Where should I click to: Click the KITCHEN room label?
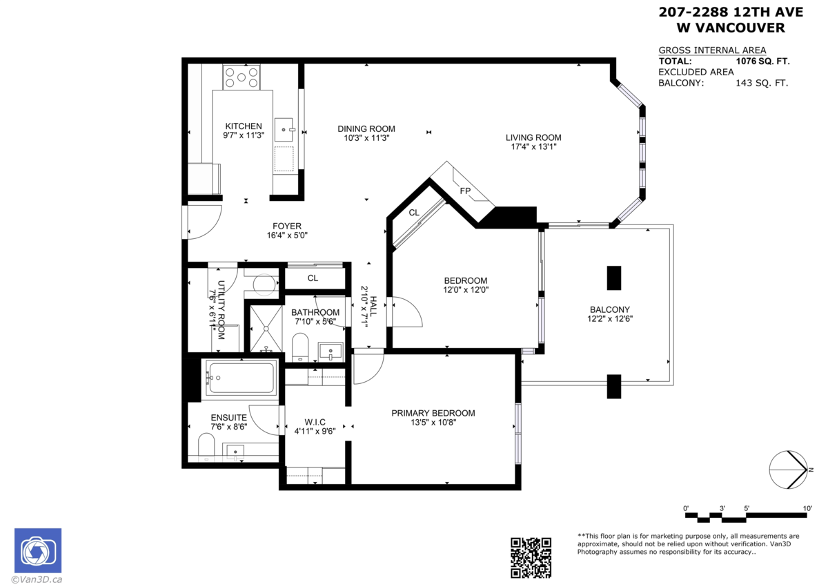pyautogui.click(x=244, y=126)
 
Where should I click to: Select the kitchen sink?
pyautogui.click(x=284, y=129)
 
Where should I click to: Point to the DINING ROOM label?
pyautogui.click(x=366, y=128)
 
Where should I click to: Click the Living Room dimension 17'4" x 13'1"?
pyautogui.click(x=533, y=146)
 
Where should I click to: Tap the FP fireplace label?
pyautogui.click(x=465, y=191)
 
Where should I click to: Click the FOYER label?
pyautogui.click(x=286, y=226)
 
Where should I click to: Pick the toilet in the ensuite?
pyautogui.click(x=206, y=447)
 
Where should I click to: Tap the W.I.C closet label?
pyautogui.click(x=315, y=422)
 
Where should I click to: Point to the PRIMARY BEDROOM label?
pyautogui.click(x=433, y=413)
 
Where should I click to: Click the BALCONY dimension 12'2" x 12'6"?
pyautogui.click(x=609, y=319)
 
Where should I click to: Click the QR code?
pyautogui.click(x=530, y=557)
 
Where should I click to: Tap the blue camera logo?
pyautogui.click(x=38, y=550)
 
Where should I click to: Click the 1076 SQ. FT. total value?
pyautogui.click(x=762, y=61)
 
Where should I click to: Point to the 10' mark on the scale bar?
pyautogui.click(x=807, y=508)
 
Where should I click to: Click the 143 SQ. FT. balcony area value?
pyautogui.click(x=761, y=83)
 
